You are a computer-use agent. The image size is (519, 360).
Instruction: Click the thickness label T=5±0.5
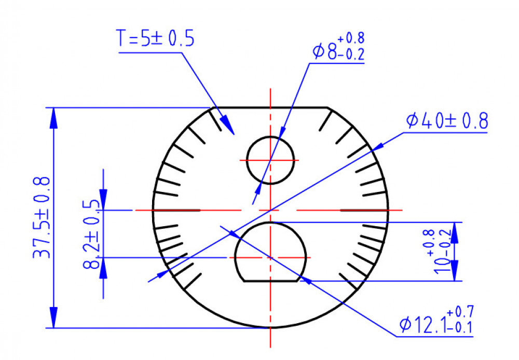[x=155, y=38]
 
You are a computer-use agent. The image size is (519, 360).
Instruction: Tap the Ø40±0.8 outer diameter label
[x=447, y=120]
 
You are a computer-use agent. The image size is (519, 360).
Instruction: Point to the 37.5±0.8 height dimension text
[x=42, y=217]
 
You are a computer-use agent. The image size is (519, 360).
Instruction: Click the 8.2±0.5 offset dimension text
[x=91, y=234]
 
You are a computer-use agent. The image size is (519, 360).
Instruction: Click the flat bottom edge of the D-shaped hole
[x=270, y=281]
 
